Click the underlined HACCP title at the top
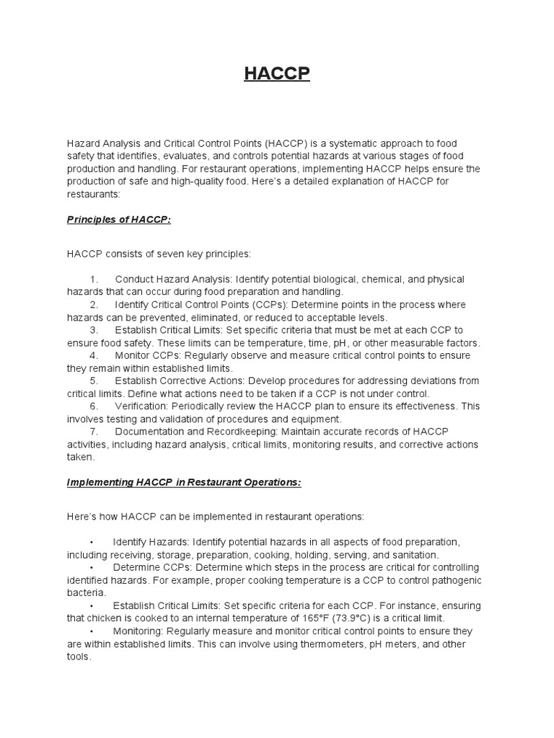point(277,74)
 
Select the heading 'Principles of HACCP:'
point(119,220)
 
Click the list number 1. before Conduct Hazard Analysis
point(94,279)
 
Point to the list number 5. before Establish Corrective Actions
point(94,381)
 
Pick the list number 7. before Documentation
point(94,431)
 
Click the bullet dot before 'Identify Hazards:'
point(92,542)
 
